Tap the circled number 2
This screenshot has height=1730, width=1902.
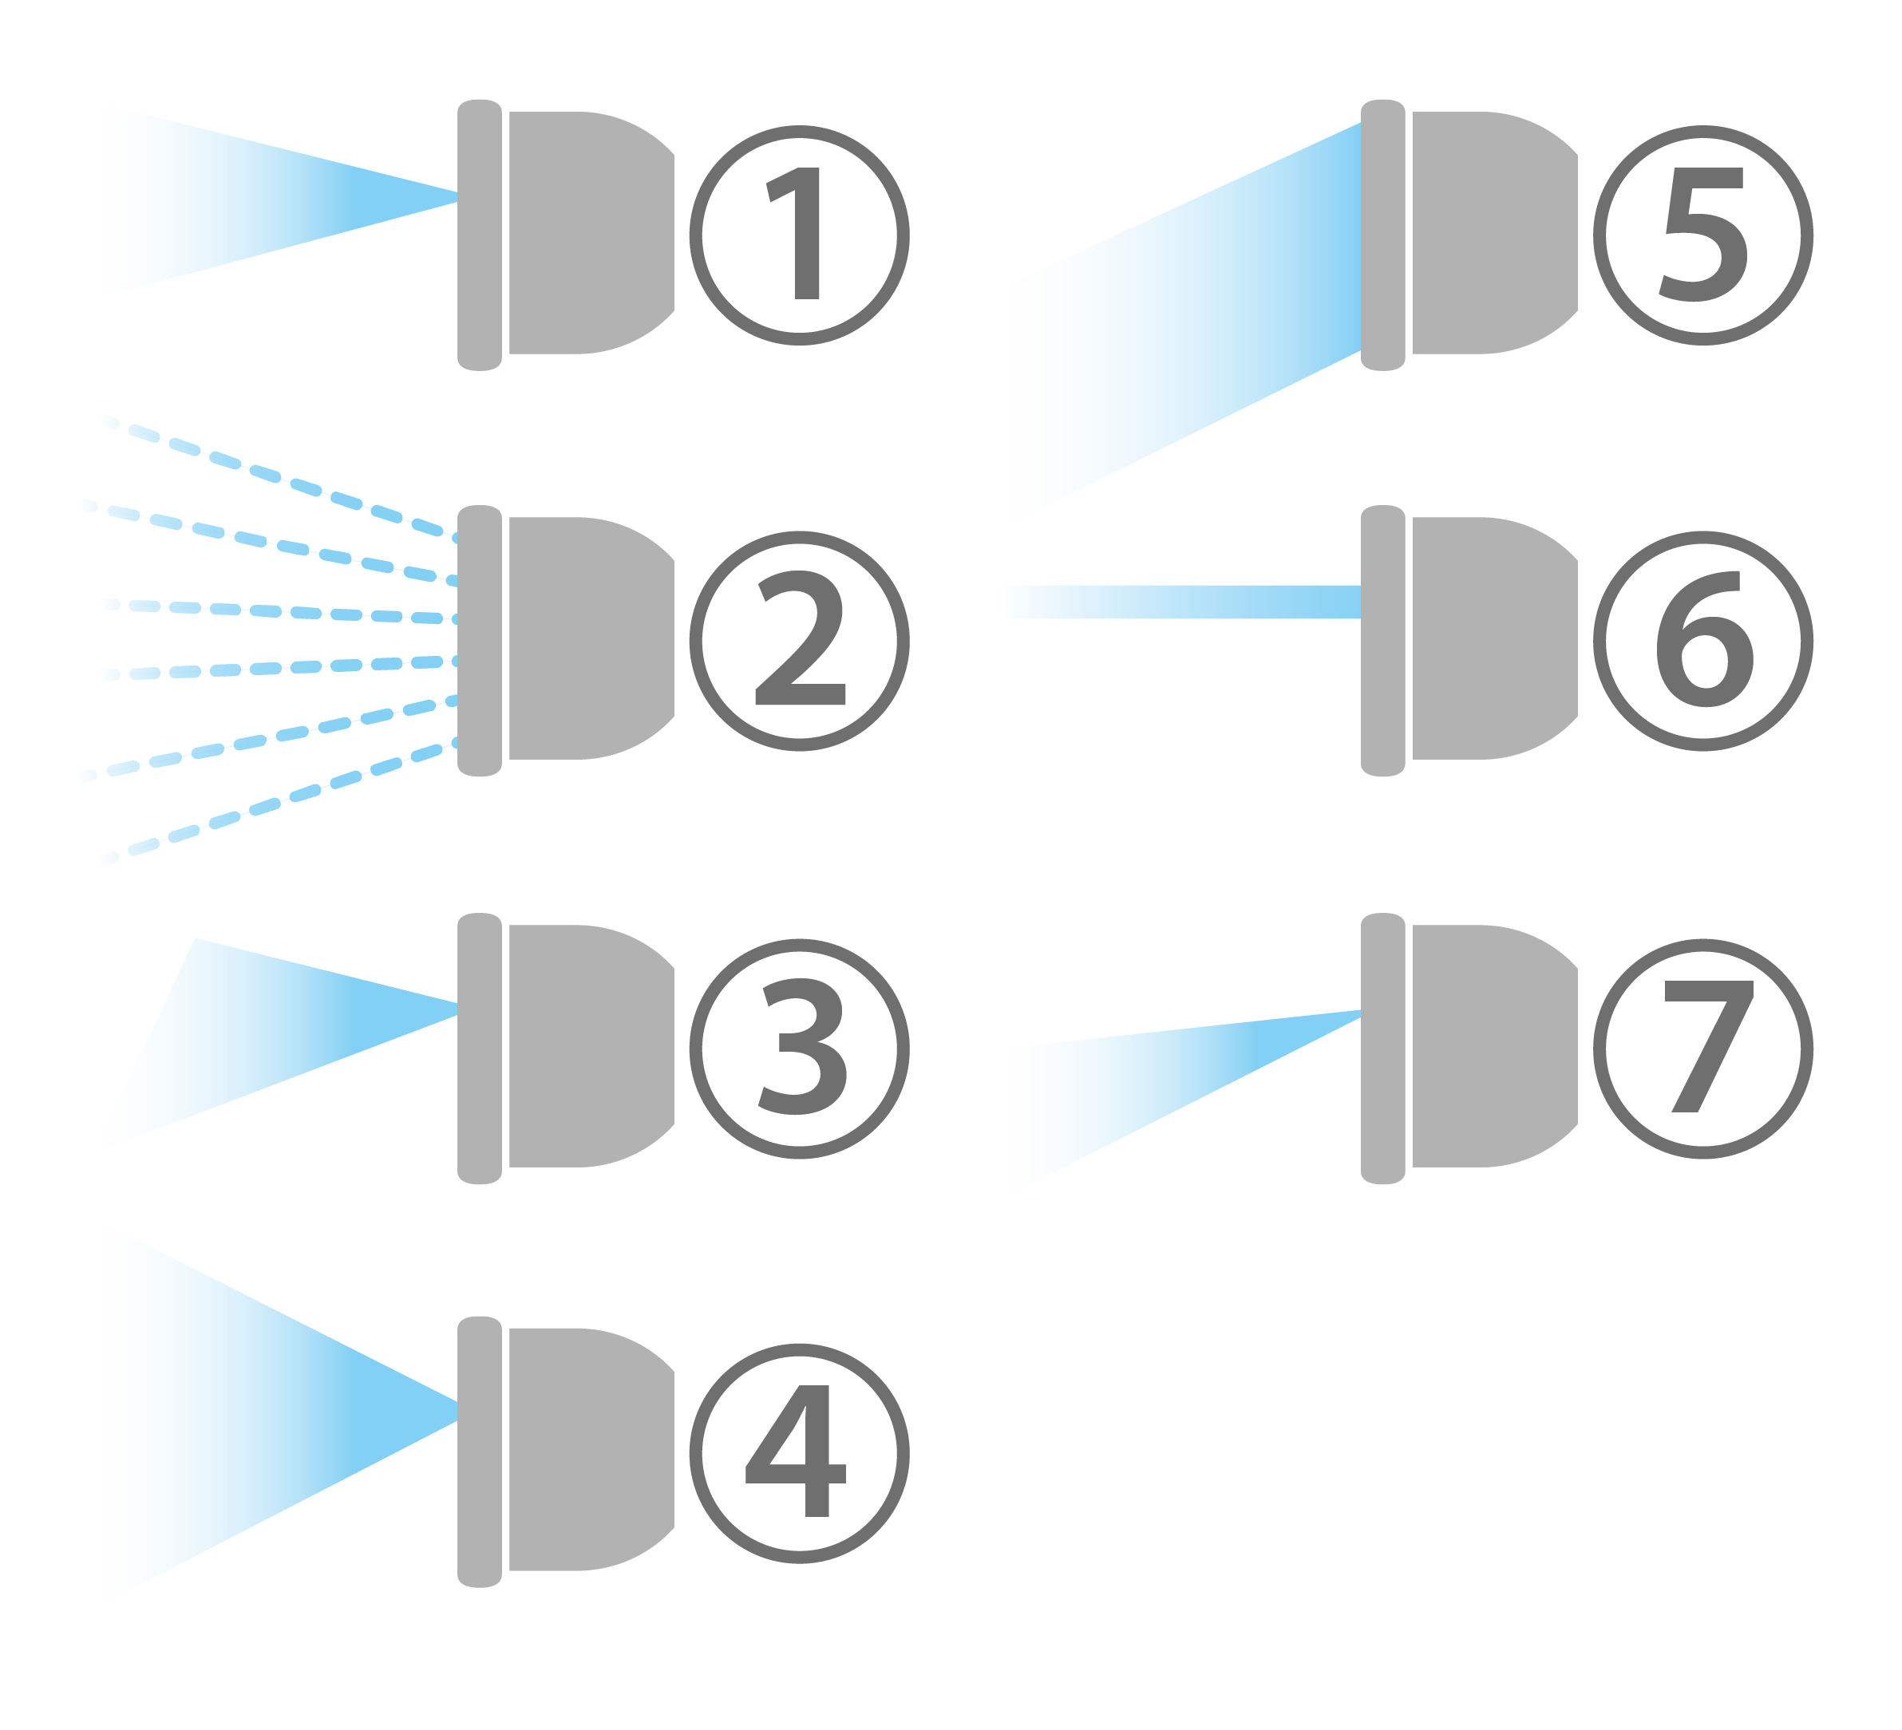coord(799,642)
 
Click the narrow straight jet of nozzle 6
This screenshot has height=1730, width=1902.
coord(1180,602)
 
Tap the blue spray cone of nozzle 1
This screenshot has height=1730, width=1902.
coord(236,200)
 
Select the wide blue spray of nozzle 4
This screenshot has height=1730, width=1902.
coord(236,1415)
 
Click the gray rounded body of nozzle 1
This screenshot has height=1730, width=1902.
coord(585,233)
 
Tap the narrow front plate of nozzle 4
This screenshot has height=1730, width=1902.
coord(479,1452)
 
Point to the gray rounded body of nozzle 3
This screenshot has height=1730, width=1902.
coord(585,1046)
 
